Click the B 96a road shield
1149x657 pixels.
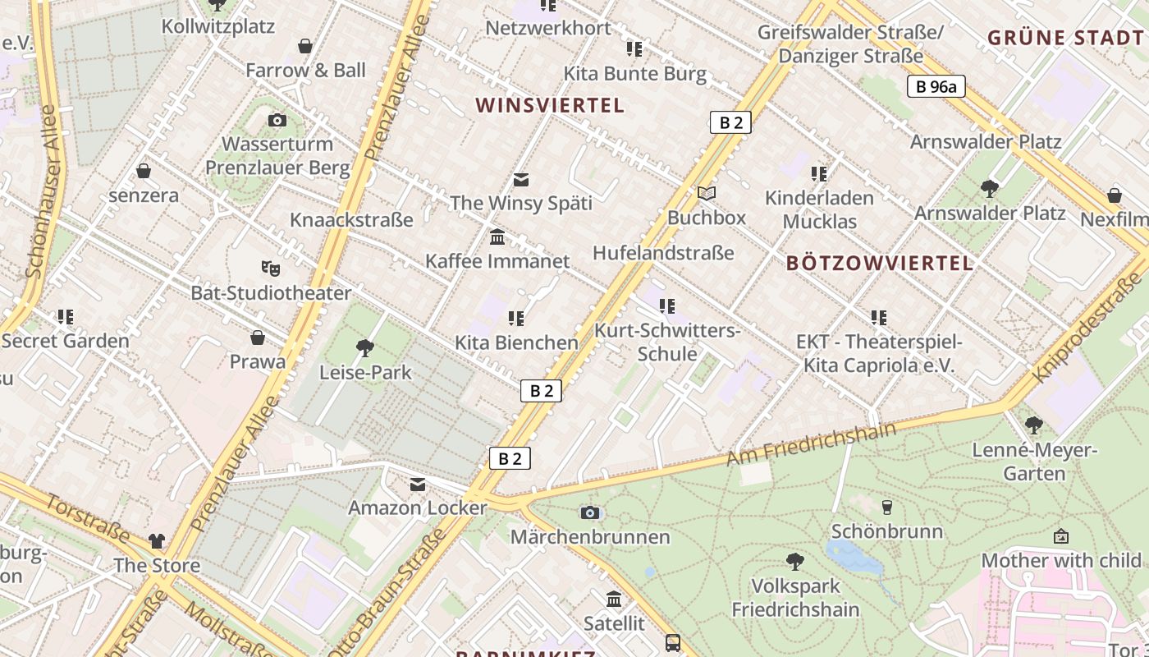point(936,86)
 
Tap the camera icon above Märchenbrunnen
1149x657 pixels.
point(589,512)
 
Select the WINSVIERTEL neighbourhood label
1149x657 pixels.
point(550,105)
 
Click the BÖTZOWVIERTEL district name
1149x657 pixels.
point(880,264)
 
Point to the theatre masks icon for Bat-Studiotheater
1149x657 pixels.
point(270,268)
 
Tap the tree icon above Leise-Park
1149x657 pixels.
point(364,348)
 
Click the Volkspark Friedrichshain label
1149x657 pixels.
point(795,598)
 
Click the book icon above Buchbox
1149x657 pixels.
point(706,194)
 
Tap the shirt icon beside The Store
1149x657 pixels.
point(157,541)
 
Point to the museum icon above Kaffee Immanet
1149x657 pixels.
point(497,237)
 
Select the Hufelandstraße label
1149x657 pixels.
point(663,253)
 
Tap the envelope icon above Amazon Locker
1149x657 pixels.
point(418,485)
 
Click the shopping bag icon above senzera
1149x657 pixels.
point(144,171)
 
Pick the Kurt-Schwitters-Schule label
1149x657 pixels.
point(667,342)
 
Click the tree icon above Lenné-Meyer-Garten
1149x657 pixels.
point(1033,425)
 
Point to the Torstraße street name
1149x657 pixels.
point(88,519)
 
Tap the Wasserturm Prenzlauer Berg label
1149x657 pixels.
point(277,156)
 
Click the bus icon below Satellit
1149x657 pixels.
point(673,642)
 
